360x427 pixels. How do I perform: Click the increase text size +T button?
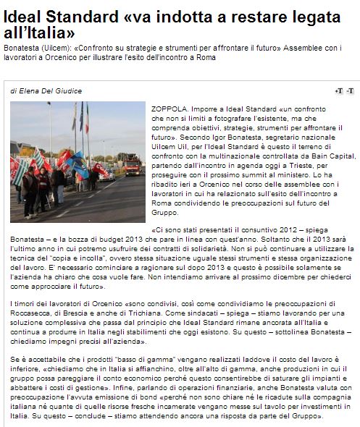point(338,90)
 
